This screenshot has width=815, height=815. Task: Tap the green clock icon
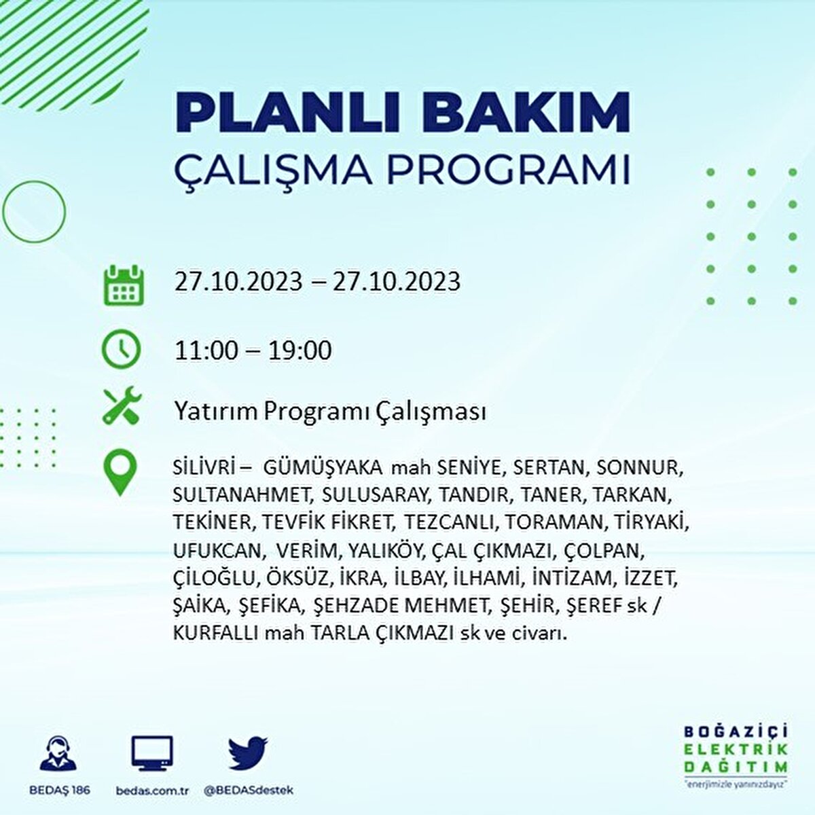pyautogui.click(x=121, y=350)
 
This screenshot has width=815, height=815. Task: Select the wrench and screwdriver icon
pyautogui.click(x=122, y=406)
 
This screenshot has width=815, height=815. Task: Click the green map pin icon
pyautogui.click(x=120, y=473)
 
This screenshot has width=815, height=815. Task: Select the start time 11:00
pyautogui.click(x=206, y=350)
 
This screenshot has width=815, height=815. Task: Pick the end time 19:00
pyautogui.click(x=300, y=350)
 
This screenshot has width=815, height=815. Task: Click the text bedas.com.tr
pyautogui.click(x=151, y=791)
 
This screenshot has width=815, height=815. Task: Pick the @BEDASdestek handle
pyautogui.click(x=248, y=791)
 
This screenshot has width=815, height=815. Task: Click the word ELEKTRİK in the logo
pyautogui.click(x=736, y=750)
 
